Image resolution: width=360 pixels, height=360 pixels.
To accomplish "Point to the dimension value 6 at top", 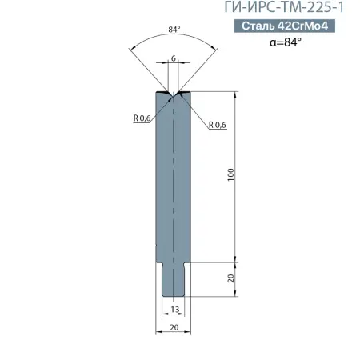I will point(174,58).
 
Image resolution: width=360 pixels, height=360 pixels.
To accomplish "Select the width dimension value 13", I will point(174,309).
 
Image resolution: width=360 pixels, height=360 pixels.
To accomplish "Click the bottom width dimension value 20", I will point(174,328).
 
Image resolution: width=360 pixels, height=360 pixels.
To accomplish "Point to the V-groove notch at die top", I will point(174,94).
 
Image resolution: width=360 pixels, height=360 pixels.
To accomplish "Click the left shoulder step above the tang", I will point(159,264).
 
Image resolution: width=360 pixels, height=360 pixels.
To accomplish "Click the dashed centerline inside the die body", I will point(174,184).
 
